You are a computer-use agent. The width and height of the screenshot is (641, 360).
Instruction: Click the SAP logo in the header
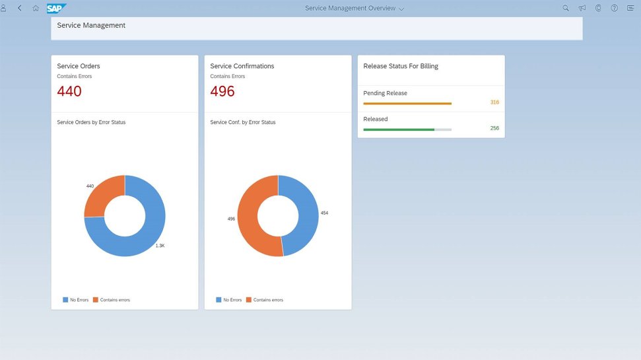(x=56, y=8)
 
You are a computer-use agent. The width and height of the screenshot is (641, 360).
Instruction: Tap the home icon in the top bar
(x=36, y=8)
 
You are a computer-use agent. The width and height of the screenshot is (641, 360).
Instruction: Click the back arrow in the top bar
(x=20, y=8)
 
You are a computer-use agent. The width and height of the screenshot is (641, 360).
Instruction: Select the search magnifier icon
(x=566, y=8)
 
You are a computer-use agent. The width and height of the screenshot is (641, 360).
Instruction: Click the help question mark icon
(x=614, y=8)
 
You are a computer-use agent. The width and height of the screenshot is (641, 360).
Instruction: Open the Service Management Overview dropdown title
(x=354, y=8)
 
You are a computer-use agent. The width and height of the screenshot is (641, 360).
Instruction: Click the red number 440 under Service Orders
(x=69, y=90)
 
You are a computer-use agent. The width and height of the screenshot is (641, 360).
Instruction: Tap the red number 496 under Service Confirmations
(x=222, y=90)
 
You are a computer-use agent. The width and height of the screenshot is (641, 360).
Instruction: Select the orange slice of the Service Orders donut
(x=102, y=192)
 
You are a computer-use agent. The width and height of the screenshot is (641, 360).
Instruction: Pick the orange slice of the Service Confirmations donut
(x=250, y=221)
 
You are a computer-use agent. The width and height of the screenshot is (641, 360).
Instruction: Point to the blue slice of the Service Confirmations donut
(x=306, y=213)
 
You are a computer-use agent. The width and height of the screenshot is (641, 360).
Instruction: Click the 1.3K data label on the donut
(x=160, y=246)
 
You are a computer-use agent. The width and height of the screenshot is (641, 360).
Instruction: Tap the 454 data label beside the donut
(x=324, y=213)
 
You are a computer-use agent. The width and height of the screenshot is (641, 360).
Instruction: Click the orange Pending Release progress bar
(x=407, y=104)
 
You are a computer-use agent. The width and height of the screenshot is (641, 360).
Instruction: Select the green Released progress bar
(x=399, y=129)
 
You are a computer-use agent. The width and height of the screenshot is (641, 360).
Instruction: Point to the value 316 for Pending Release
(x=494, y=102)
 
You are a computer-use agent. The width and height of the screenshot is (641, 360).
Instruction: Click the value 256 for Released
(x=494, y=128)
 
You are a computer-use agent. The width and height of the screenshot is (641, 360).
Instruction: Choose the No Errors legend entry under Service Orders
(x=76, y=300)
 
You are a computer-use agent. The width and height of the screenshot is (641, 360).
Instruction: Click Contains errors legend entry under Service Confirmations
(x=265, y=300)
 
